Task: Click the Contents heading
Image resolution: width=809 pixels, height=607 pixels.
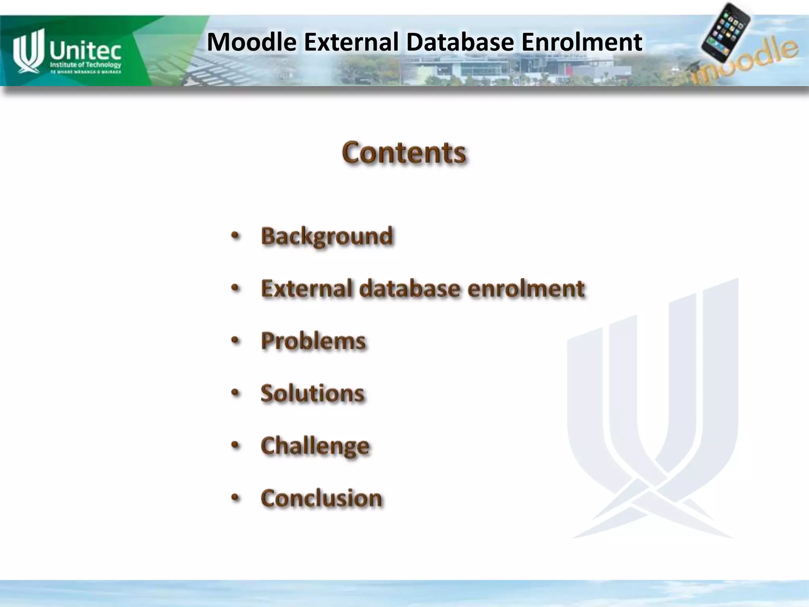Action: coord(404,153)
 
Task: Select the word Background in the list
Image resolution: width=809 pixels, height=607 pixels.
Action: coord(327,236)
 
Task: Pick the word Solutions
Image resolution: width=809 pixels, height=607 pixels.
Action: coord(312,393)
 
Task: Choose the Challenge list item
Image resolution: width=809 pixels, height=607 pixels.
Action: coord(315,446)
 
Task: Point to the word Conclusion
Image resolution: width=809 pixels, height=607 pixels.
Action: coord(321,498)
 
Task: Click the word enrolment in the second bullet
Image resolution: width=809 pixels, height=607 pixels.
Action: coord(526,288)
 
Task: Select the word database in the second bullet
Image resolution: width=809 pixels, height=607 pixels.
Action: coord(410,288)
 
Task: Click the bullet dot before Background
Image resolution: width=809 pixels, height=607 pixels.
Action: coord(235,236)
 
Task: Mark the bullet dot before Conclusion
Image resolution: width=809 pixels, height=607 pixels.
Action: coord(235,498)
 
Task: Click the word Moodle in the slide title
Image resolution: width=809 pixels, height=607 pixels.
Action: coord(252,42)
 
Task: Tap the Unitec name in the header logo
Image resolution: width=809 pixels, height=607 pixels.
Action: coord(85,51)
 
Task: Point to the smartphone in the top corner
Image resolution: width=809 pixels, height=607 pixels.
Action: coord(726,32)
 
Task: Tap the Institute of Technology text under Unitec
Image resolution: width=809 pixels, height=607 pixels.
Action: coord(85,65)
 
